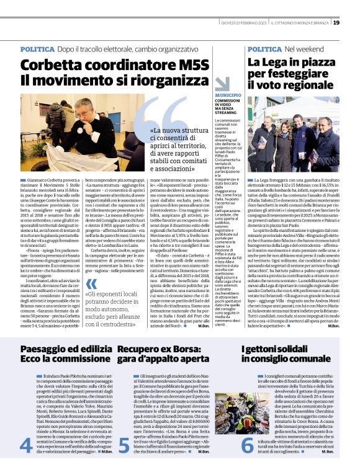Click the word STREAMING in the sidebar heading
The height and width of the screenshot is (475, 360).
[226, 112]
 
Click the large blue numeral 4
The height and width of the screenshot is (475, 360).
[25, 445]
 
